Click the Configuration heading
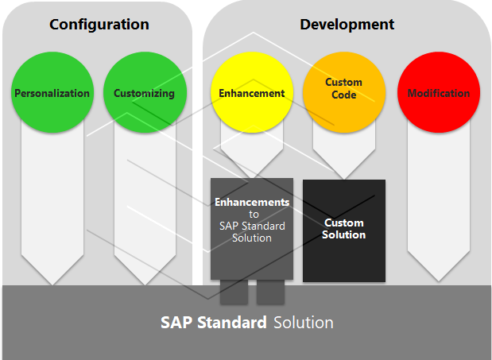tap(99, 24)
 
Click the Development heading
tap(347, 24)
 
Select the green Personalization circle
tap(52, 93)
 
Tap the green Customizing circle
tap(144, 93)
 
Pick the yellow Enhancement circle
tap(251, 93)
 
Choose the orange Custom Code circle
tap(344, 88)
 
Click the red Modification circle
tap(438, 93)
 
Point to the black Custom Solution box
tap(344, 230)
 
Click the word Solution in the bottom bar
tap(304, 323)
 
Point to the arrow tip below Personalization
tap(52, 278)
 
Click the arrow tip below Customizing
tap(145, 278)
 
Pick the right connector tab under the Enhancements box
tap(270, 292)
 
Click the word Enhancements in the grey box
tap(251, 203)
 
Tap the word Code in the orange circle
tap(344, 95)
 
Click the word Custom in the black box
tap(344, 223)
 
